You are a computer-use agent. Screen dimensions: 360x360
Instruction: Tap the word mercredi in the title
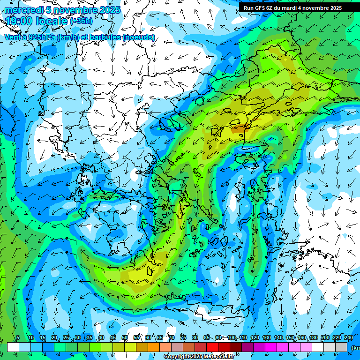(x=22, y=10)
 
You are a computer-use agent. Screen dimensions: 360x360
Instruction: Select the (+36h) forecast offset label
(x=81, y=21)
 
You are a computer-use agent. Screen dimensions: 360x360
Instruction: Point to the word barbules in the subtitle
(x=102, y=37)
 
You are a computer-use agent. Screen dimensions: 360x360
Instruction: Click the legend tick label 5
(x=18, y=337)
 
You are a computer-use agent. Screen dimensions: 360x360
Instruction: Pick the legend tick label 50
(x=125, y=337)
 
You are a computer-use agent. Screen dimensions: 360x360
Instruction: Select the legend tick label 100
(x=232, y=337)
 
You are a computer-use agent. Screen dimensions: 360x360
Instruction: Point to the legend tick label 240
(x=349, y=337)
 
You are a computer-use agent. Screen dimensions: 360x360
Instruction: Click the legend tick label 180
(x=314, y=337)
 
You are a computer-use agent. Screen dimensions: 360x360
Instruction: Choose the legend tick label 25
(x=66, y=337)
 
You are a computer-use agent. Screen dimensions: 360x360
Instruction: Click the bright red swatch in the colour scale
(x=212, y=347)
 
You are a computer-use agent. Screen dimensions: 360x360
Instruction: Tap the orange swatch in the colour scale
(x=154, y=347)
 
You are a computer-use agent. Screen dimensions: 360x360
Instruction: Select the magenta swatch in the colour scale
(x=271, y=347)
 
